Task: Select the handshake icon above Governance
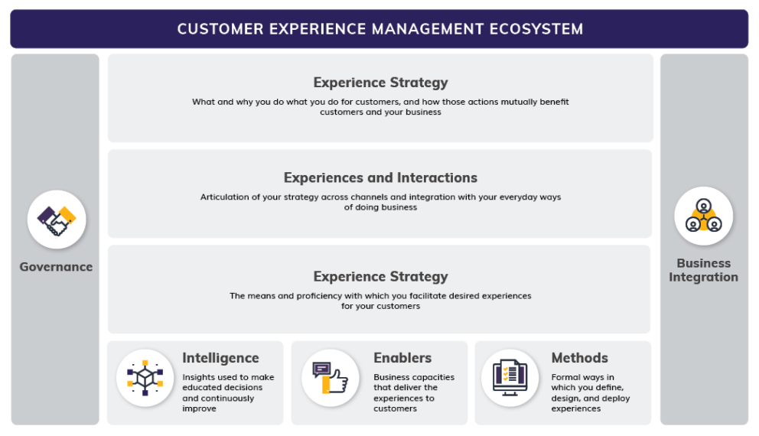point(57,220)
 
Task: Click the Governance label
point(57,267)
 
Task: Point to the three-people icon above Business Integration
point(703,216)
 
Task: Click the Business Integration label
point(703,270)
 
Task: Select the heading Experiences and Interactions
point(380,177)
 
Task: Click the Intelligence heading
point(220,358)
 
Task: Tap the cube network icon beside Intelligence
point(145,377)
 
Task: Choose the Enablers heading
point(402,358)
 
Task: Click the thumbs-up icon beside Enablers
point(330,377)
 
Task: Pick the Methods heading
point(579,358)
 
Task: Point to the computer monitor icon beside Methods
point(510,377)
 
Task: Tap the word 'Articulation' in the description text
point(224,197)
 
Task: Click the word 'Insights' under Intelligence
point(198,377)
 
